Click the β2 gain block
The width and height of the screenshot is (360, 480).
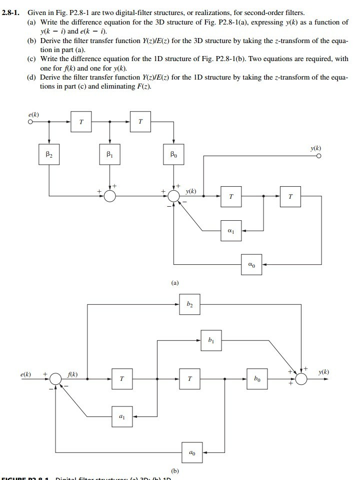[49, 154]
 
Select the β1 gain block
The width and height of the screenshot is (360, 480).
[109, 154]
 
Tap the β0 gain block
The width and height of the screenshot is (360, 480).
[173, 154]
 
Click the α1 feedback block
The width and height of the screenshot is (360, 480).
[230, 231]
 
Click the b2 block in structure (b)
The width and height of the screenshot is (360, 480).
[189, 304]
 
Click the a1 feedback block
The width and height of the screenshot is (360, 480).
[122, 416]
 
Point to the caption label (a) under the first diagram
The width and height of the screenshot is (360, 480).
[174, 283]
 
